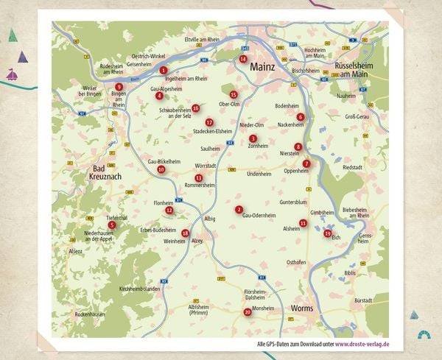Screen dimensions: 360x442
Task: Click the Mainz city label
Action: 262,67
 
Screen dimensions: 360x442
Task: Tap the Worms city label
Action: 302,308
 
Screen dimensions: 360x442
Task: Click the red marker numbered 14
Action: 243,59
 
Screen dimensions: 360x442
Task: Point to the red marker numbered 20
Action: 248,312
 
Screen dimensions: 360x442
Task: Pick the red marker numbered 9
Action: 119,87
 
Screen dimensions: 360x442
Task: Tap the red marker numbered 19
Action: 327,233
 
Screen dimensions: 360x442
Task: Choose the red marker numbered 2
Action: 239,209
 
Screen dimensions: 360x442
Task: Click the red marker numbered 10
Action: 161,169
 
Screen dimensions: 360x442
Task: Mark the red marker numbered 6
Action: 300,116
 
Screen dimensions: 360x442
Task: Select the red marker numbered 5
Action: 112,225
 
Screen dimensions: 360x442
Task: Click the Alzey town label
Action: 197,241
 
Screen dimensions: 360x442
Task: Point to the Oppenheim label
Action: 295,171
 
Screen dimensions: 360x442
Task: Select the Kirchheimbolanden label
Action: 139,289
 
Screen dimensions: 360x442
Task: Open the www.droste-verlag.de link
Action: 362,345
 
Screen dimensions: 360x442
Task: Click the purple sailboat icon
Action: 13,74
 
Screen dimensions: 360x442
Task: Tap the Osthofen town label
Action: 296,262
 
